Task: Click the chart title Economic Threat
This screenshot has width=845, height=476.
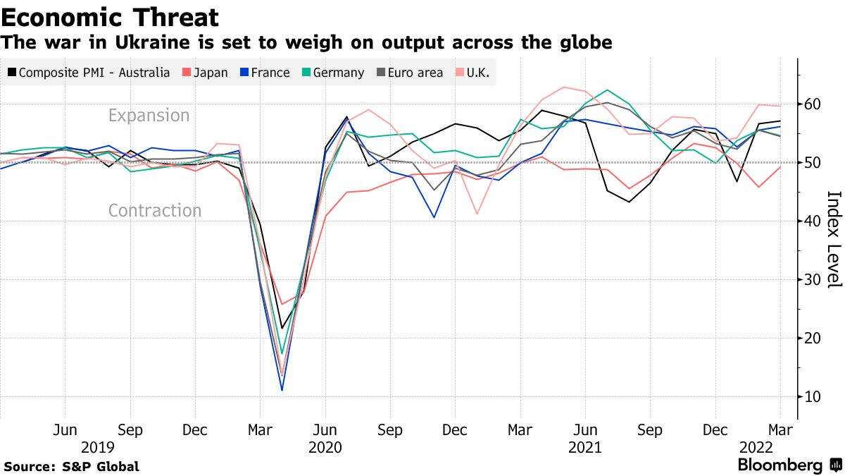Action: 110,17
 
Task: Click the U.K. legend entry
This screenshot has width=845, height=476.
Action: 477,73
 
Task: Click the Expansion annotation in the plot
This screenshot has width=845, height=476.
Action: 149,116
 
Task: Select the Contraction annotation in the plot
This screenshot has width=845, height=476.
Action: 154,210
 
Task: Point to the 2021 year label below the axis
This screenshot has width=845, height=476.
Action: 584,447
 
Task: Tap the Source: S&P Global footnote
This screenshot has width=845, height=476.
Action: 71,466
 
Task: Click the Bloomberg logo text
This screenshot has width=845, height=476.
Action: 780,465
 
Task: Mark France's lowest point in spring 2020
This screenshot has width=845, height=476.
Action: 282,390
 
